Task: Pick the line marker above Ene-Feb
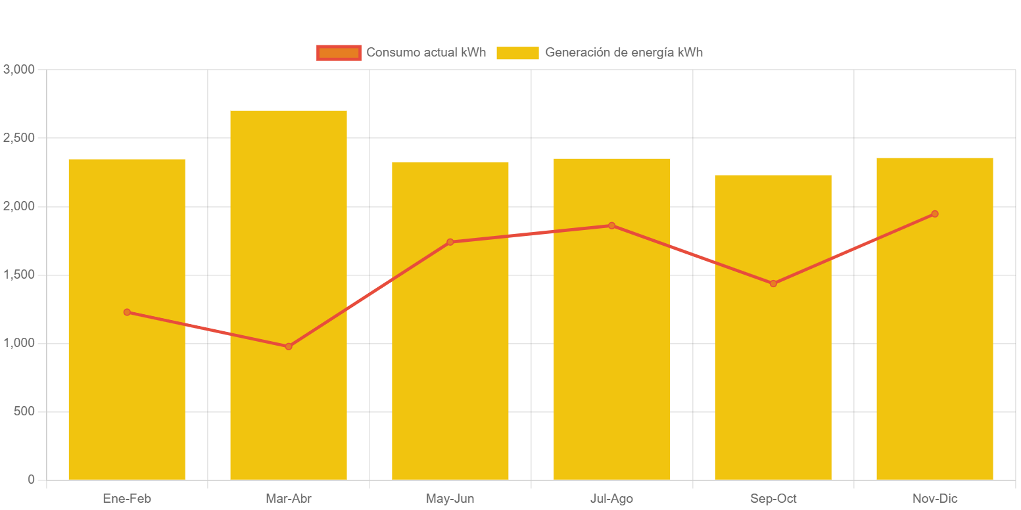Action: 127,312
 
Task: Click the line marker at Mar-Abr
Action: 289,346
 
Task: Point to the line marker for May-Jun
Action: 450,242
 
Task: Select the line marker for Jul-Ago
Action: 611,225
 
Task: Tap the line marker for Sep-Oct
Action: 773,284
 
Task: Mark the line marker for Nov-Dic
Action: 935,214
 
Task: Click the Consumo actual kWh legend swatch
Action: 339,53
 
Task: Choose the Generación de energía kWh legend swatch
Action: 517,53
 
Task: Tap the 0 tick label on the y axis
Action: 31,480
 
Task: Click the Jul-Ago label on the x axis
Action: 611,499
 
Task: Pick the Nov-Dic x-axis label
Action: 935,499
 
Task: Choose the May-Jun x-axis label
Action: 450,499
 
